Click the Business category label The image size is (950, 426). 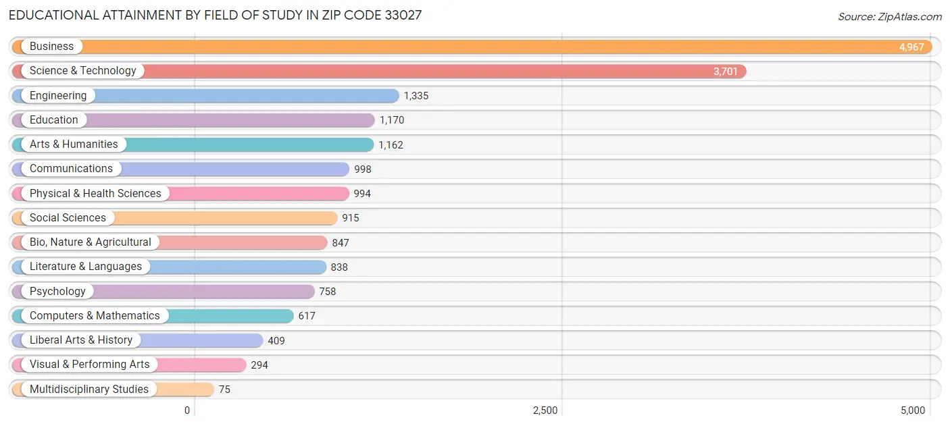point(51,47)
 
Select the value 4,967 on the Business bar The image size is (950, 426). point(911,47)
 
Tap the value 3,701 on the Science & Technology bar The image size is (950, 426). point(725,72)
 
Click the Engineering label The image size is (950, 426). point(58,96)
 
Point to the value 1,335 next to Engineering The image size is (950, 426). point(416,96)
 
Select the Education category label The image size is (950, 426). point(54,120)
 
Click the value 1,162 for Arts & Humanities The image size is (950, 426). point(391,145)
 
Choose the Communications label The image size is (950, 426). point(71,169)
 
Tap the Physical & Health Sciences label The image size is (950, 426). point(95,194)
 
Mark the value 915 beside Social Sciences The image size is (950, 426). point(350,218)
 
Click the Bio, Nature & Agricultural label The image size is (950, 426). point(91,242)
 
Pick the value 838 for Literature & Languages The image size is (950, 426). point(339,267)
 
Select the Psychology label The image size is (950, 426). point(57,292)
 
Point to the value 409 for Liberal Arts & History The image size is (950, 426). point(276,341)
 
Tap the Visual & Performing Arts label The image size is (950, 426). point(90,365)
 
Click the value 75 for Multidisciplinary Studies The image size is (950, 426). point(224,390)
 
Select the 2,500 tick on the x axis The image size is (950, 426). point(545,410)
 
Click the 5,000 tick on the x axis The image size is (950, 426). point(912,410)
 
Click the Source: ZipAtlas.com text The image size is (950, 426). point(889,17)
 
